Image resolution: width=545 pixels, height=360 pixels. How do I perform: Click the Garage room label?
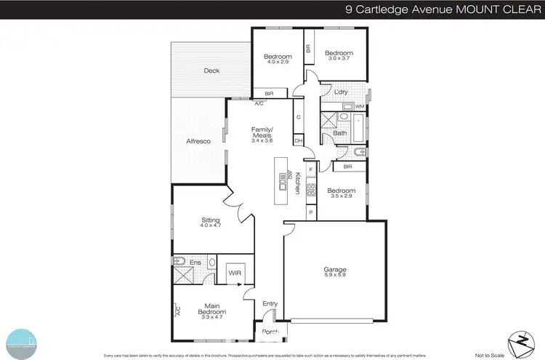[x=334, y=270]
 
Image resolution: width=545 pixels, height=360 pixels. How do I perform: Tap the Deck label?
[x=211, y=71]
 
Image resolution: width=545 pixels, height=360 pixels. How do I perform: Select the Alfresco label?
[x=198, y=141]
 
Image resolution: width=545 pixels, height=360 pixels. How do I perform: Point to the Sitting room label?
[x=210, y=220]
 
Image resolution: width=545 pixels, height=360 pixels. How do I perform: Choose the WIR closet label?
[x=234, y=273]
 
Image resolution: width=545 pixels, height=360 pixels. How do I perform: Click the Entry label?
[x=270, y=303]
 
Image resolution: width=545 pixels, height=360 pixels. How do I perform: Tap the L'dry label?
[x=341, y=92]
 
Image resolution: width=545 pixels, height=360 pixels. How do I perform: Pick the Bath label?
[x=339, y=133]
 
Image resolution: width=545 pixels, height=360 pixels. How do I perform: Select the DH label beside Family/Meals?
[x=298, y=140]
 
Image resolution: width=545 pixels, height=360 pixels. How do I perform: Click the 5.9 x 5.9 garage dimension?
[x=334, y=276]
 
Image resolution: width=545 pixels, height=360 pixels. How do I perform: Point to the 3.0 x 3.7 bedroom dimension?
[x=338, y=59]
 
